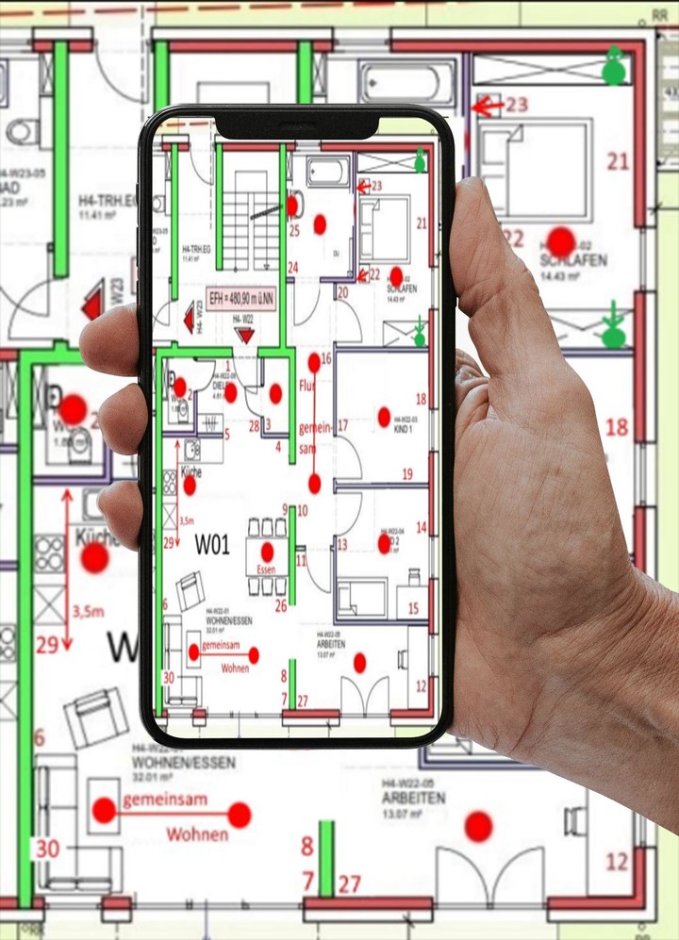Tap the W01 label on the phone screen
point(212,544)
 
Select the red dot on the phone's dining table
point(267,552)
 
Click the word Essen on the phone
point(266,570)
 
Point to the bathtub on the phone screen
point(327,172)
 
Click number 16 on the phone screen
point(326,359)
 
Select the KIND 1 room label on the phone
point(406,429)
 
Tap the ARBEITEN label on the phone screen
point(331,645)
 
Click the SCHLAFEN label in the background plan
point(572,260)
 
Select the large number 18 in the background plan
point(616,428)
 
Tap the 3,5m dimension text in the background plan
point(88,612)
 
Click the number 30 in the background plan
point(47,849)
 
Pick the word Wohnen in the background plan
point(197,834)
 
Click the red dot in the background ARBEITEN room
point(478,827)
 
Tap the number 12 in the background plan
point(617,862)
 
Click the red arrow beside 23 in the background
point(486,106)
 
